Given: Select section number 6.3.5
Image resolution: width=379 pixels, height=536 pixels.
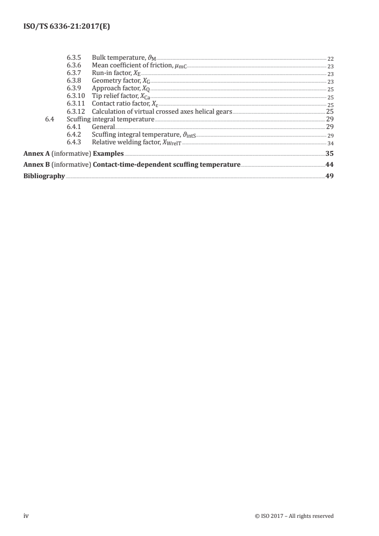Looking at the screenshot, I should pos(75,58).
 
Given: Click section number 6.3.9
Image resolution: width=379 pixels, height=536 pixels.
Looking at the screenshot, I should pos(75,88).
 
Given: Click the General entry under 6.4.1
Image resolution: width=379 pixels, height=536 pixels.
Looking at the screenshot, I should pos(103,127).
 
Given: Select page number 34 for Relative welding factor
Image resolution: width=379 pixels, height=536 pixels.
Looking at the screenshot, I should pos(330,143).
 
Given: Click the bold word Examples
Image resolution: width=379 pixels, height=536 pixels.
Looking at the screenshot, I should pos(108,154).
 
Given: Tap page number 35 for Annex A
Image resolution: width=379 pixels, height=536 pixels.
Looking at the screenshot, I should pos(329,154).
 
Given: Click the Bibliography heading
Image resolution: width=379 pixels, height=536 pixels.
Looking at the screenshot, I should pos(44,176).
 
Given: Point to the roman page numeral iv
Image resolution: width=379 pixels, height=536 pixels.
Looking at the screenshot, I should pos(27,515).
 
